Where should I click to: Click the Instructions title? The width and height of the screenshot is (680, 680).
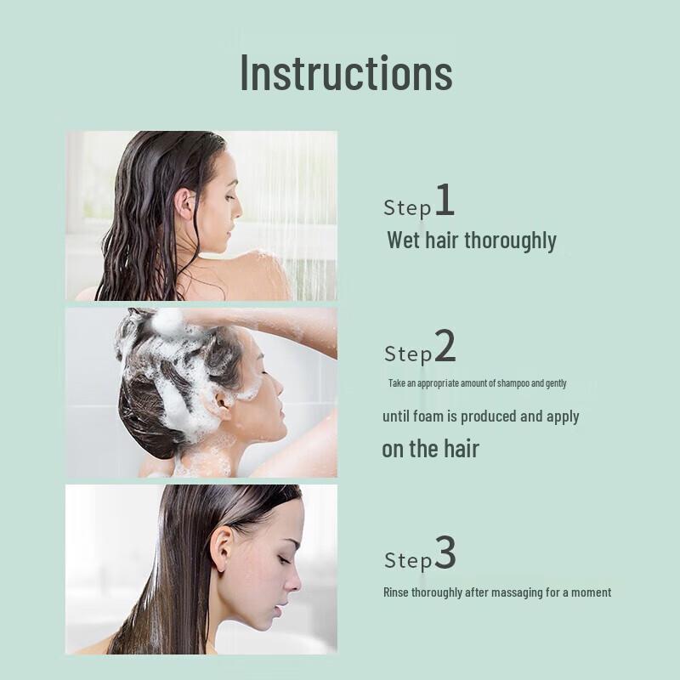click(x=346, y=72)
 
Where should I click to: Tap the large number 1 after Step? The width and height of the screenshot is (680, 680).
click(x=445, y=202)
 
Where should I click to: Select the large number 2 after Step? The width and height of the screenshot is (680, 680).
click(x=445, y=347)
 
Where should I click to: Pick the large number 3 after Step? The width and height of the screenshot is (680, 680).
click(x=445, y=555)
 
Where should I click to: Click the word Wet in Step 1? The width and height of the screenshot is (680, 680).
click(x=403, y=241)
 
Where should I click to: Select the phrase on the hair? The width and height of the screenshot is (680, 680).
click(x=430, y=449)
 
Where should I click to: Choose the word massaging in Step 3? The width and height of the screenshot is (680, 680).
click(x=510, y=592)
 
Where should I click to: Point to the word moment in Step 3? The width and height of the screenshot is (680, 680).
click(x=589, y=592)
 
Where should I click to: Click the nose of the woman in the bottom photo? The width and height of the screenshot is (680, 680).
click(x=293, y=583)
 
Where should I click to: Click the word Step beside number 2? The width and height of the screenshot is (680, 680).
click(x=408, y=354)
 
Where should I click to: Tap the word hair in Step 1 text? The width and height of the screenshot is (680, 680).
click(x=441, y=241)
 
